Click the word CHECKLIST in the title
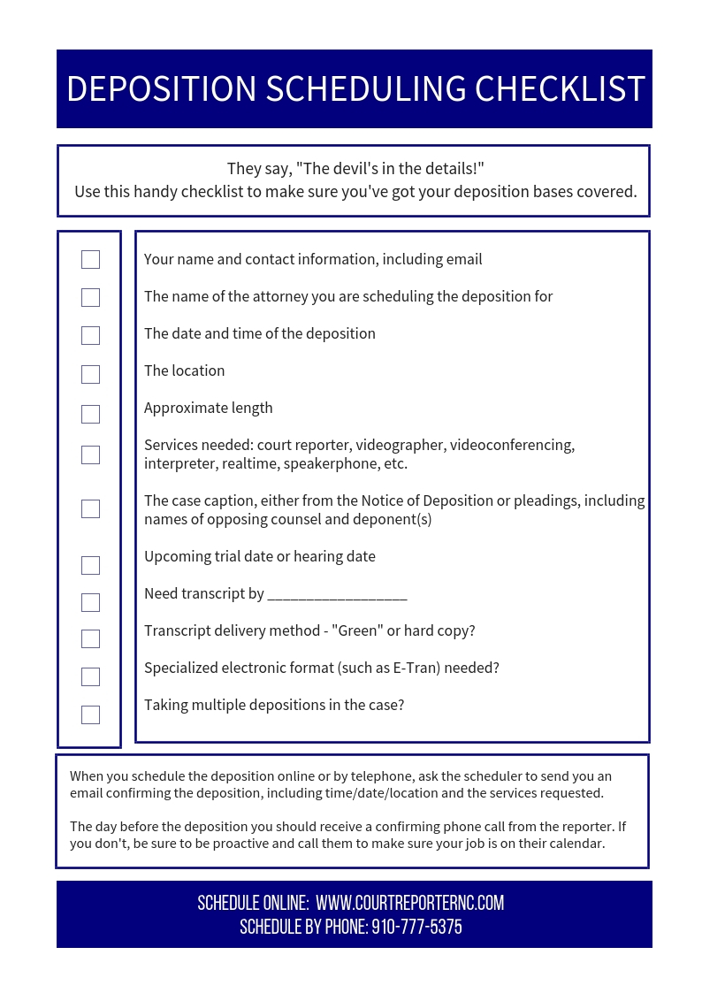pos(560,89)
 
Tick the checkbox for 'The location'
pos(90,374)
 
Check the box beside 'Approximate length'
pos(90,414)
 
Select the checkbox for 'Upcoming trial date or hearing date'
pos(90,565)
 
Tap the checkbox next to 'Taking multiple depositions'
pos(90,714)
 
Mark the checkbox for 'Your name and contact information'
pos(90,259)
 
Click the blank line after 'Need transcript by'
pos(337,594)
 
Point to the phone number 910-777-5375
pos(416,927)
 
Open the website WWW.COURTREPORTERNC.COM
pos(409,903)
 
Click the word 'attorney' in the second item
pos(256,296)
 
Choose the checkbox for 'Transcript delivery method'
pos(90,638)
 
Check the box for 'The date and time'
pos(90,335)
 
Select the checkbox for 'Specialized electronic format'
pos(90,676)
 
